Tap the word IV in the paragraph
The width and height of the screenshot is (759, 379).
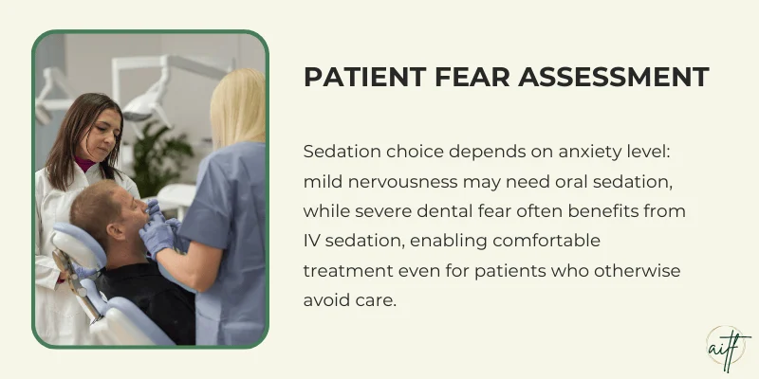312,240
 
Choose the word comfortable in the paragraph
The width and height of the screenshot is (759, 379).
549,240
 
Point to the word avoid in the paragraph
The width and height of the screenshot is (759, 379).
327,298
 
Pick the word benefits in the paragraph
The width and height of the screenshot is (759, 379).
607,210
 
